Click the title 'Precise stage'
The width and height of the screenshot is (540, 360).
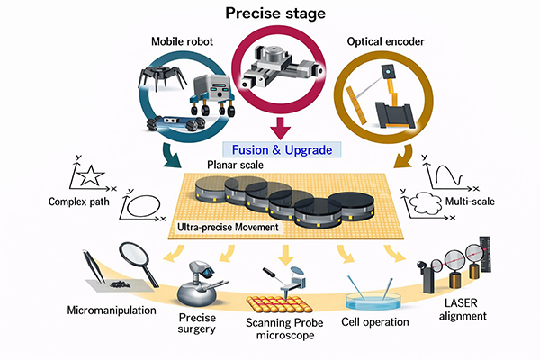[x=269, y=13]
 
